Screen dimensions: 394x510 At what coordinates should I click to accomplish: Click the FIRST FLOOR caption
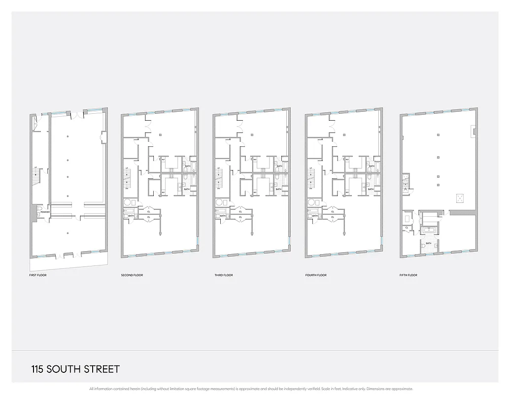(38, 275)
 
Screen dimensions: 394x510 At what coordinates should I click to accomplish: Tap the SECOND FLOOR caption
(132, 275)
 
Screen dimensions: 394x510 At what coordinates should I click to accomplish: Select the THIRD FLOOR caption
(223, 275)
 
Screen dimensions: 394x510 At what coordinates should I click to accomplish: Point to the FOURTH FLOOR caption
(316, 275)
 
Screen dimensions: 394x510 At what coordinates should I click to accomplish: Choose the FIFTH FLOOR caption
(408, 275)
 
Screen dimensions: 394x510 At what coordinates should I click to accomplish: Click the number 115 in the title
(37, 369)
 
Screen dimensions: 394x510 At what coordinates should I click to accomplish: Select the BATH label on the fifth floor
(429, 243)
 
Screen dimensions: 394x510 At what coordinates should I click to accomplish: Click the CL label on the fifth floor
(407, 228)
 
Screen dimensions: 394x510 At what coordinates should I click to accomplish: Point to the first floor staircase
(36, 174)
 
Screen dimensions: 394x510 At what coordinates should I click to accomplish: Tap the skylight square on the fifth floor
(460, 198)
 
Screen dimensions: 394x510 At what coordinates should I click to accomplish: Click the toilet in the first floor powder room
(39, 213)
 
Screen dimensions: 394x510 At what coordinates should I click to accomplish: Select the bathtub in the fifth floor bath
(428, 230)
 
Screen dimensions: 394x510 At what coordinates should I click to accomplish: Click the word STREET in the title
(102, 369)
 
